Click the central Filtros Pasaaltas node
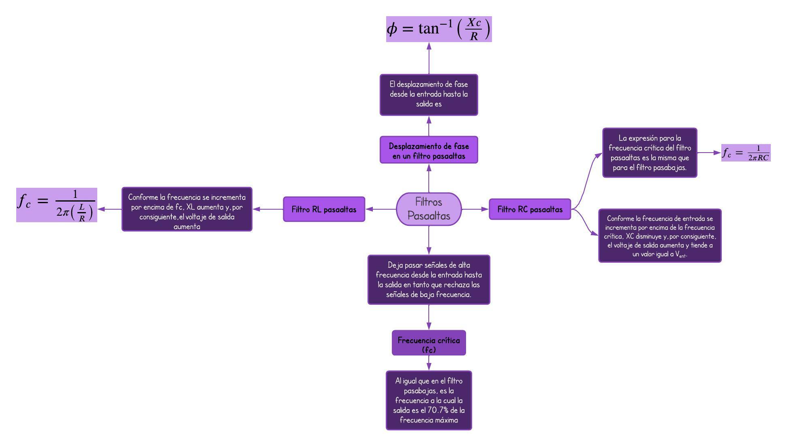click(x=429, y=209)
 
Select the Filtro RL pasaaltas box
click(x=324, y=209)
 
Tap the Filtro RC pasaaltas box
click(x=530, y=209)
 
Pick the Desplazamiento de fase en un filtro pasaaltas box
click(x=429, y=150)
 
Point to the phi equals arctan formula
click(x=438, y=29)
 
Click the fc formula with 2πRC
click(x=746, y=153)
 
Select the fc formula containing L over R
click(x=57, y=205)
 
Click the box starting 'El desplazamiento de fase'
click(x=429, y=95)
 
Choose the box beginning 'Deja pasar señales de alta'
click(x=429, y=280)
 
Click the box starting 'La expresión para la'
click(x=650, y=153)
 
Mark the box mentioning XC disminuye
click(x=660, y=236)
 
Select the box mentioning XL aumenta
click(x=187, y=209)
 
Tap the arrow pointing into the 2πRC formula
click(x=709, y=153)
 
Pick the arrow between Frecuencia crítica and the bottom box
click(x=429, y=363)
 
